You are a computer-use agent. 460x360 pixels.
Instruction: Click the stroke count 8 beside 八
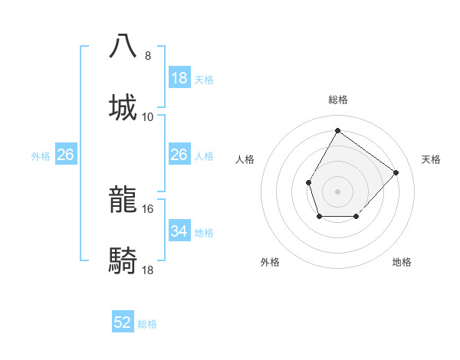(148, 55)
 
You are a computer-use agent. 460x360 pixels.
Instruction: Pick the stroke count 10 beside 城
(148, 116)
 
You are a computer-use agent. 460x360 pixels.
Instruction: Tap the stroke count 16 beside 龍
(148, 208)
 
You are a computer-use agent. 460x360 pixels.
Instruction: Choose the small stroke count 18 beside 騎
(148, 270)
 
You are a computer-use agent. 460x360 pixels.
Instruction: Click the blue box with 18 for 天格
(179, 78)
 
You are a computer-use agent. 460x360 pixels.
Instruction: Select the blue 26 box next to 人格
(179, 155)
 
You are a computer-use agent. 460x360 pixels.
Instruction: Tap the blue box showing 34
(179, 231)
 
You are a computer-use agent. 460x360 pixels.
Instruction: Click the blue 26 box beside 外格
(66, 155)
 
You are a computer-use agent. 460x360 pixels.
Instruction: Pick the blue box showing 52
(123, 322)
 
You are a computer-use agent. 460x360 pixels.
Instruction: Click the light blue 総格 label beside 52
(147, 324)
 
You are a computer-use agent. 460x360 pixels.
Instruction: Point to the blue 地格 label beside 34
(204, 233)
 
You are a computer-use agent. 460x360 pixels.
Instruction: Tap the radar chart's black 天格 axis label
(431, 159)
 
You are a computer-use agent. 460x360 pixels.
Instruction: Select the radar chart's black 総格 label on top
(337, 100)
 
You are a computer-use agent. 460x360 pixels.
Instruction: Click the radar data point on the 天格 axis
(396, 172)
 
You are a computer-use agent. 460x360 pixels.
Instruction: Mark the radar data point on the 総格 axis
(337, 130)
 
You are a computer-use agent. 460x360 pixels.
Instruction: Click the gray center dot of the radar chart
(337, 191)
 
